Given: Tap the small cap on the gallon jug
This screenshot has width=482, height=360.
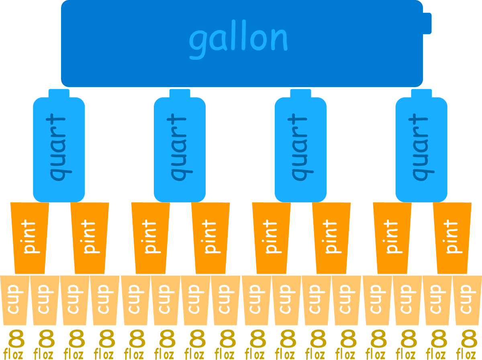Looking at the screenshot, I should [427, 23].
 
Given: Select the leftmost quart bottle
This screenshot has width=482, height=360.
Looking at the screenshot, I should [59, 148].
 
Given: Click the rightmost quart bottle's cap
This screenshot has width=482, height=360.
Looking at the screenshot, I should [421, 93].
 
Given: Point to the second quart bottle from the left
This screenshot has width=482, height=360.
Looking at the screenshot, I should [180, 148].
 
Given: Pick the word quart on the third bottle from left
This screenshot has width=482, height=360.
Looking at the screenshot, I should [299, 147].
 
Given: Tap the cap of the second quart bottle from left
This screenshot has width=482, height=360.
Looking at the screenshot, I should [180, 93].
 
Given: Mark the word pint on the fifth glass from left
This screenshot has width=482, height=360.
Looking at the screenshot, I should [271, 237].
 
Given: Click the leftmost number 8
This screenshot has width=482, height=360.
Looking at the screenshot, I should [16, 339].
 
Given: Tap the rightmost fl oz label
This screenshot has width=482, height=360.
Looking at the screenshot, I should [466, 355].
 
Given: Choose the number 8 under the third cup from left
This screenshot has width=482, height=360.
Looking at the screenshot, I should [76, 339].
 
